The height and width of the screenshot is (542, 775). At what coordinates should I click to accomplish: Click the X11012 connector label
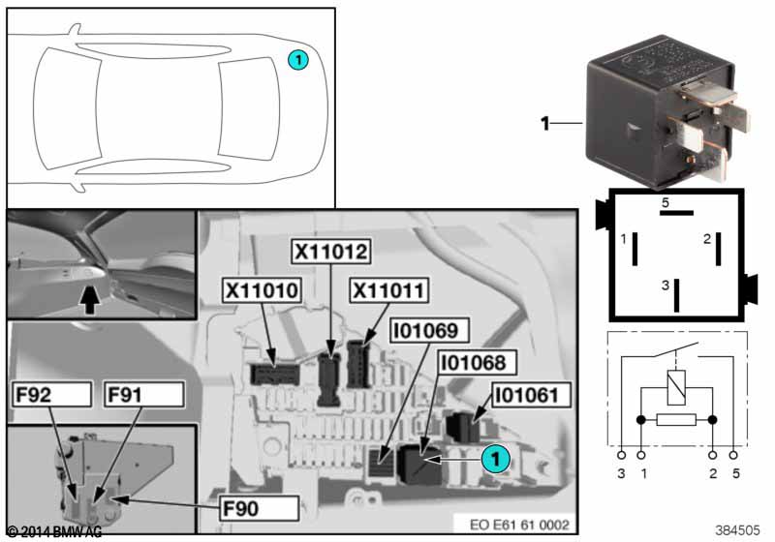(x=330, y=252)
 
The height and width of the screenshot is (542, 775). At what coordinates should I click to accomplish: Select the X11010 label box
(x=262, y=290)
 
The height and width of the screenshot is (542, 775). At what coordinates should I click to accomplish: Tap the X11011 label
(x=389, y=290)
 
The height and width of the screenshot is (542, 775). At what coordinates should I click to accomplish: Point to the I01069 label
(x=429, y=331)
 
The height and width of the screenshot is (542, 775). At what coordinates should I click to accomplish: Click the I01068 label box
(x=477, y=363)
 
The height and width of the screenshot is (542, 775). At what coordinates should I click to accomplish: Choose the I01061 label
(x=531, y=396)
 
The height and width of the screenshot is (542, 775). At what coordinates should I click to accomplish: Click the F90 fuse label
(x=259, y=508)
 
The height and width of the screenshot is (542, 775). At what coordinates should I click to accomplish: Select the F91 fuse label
(x=143, y=395)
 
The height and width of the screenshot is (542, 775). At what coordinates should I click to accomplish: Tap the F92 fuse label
(x=52, y=395)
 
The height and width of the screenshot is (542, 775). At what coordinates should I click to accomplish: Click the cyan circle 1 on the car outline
(x=298, y=60)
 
